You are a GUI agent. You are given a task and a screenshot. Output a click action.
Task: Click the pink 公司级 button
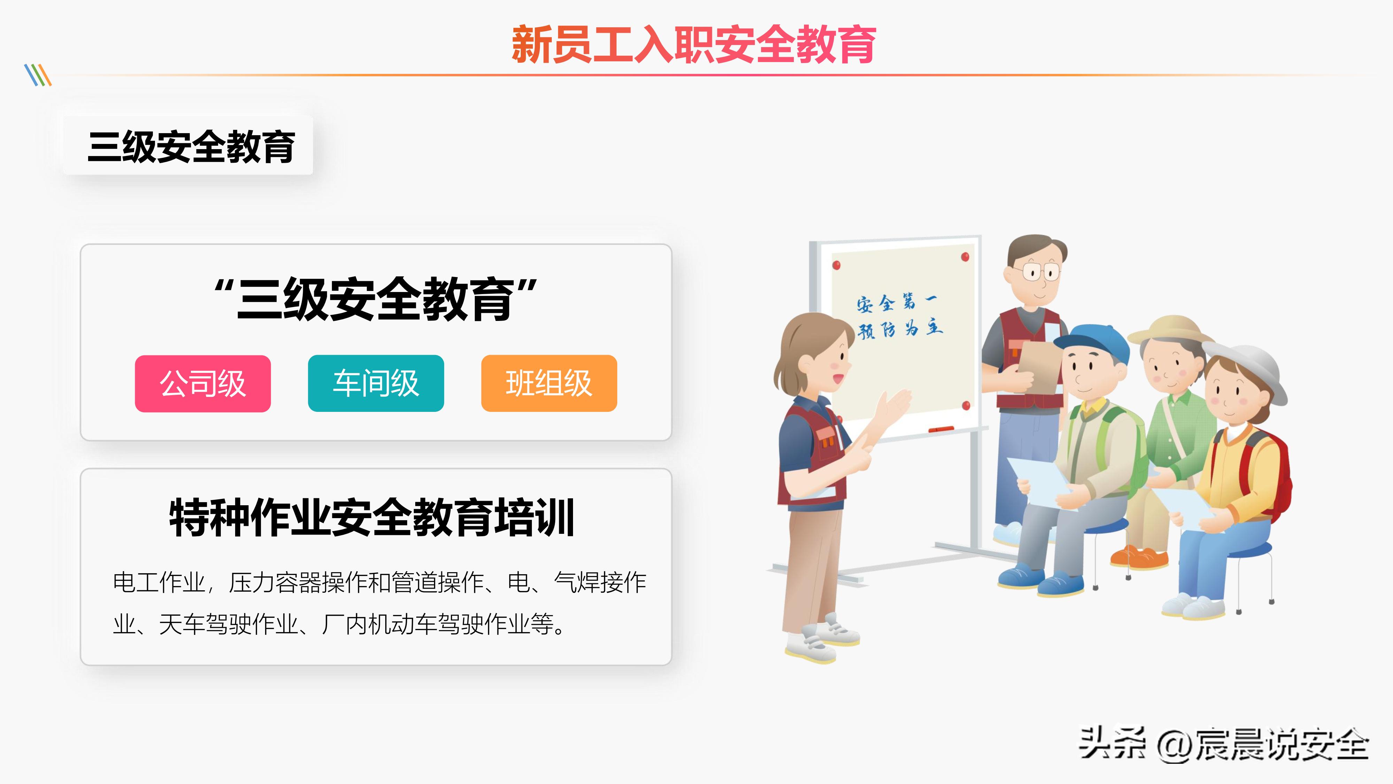click(x=203, y=384)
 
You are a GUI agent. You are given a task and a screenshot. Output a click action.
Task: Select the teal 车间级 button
click(x=376, y=384)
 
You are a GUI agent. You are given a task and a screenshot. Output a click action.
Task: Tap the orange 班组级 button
click(x=549, y=384)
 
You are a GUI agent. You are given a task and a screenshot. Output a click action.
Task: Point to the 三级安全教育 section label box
click(x=188, y=146)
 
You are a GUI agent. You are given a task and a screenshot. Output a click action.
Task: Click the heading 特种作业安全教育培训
click(x=372, y=518)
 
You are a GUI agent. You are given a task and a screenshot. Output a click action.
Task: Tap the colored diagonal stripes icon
click(x=38, y=75)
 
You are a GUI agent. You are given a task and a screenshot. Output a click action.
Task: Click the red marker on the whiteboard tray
click(x=941, y=429)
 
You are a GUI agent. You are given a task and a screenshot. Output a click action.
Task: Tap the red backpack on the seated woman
click(x=1274, y=476)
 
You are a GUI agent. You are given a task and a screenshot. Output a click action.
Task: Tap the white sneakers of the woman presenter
click(x=822, y=641)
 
